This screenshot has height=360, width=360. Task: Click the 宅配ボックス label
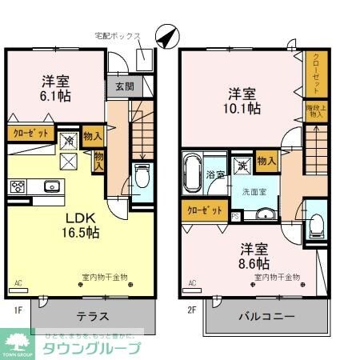point(118,36)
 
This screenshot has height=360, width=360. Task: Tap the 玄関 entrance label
point(124,86)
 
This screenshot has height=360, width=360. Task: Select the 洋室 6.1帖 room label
point(55,88)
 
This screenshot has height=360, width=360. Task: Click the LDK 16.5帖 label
point(81,225)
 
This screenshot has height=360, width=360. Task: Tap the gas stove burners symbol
point(18,186)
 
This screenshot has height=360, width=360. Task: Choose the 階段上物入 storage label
point(314,110)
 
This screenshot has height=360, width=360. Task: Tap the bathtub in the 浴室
point(192,173)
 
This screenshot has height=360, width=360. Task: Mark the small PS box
point(234,216)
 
